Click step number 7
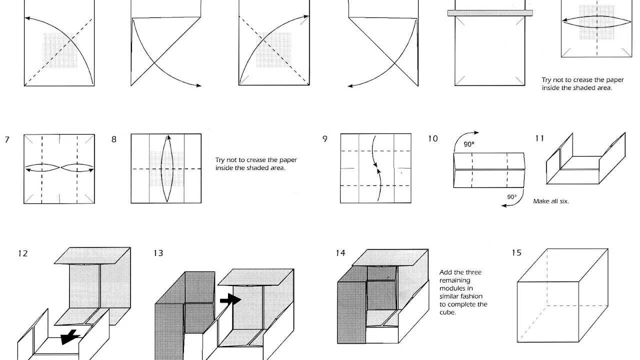click(7, 139)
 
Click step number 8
click(114, 139)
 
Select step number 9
click(325, 139)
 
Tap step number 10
click(432, 138)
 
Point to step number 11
click(539, 138)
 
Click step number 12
click(22, 253)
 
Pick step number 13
click(158, 253)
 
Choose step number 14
click(340, 253)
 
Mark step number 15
click(516, 253)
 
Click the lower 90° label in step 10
click(512, 196)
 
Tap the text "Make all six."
click(551, 201)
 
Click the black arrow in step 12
click(70, 336)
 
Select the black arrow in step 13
click(230, 299)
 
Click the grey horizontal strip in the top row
click(490, 13)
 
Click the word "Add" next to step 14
click(446, 272)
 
